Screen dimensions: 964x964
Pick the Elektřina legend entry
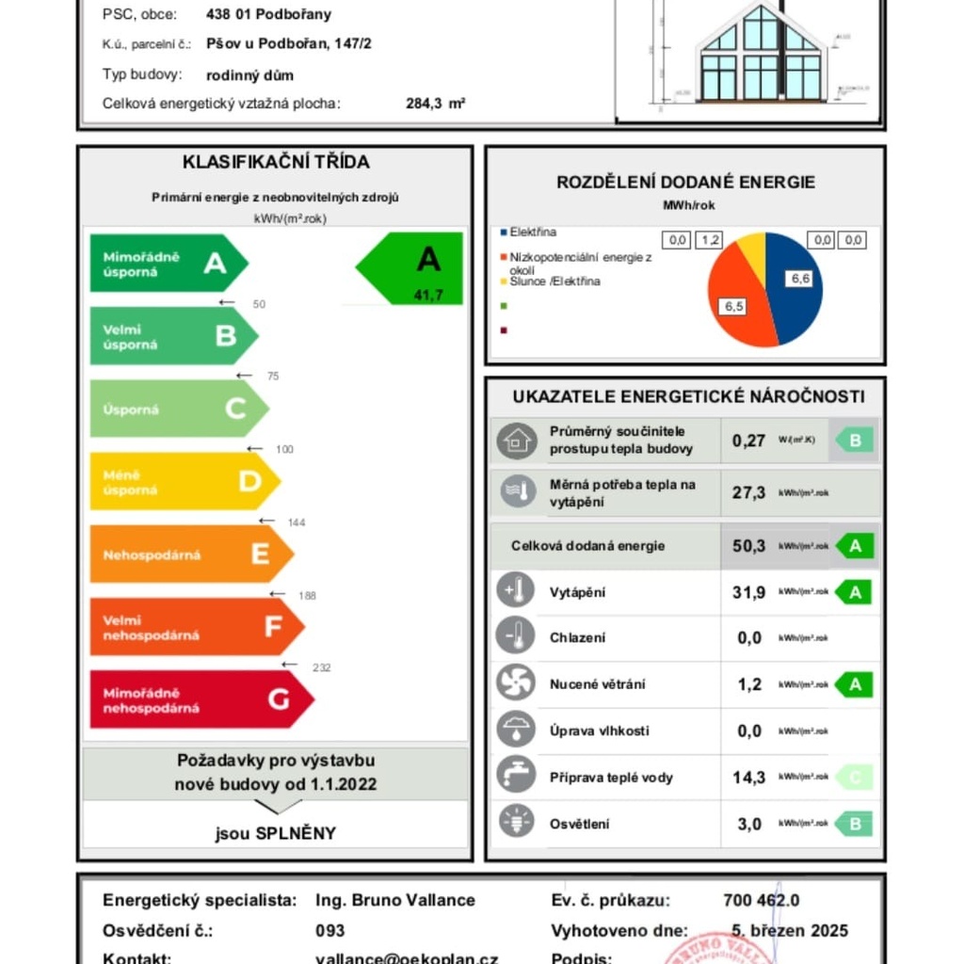pyautogui.click(x=532, y=233)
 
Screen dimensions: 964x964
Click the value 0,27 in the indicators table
pyautogui.click(x=748, y=441)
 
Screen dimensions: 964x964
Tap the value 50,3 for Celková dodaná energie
pyautogui.click(x=748, y=546)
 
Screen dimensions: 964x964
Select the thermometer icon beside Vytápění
pyautogui.click(x=515, y=591)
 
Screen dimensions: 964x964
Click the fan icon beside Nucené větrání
pyautogui.click(x=515, y=683)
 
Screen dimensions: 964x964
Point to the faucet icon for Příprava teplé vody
pyautogui.click(x=515, y=776)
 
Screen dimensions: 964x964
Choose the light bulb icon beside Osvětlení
pyautogui.click(x=515, y=822)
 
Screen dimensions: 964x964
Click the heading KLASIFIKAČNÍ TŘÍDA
pyautogui.click(x=276, y=162)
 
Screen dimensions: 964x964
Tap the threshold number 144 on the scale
pyautogui.click(x=297, y=522)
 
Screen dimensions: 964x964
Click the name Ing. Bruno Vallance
pyautogui.click(x=395, y=900)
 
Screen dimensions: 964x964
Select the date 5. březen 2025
pyautogui.click(x=790, y=931)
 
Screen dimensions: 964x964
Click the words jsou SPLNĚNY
pyautogui.click(x=275, y=833)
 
